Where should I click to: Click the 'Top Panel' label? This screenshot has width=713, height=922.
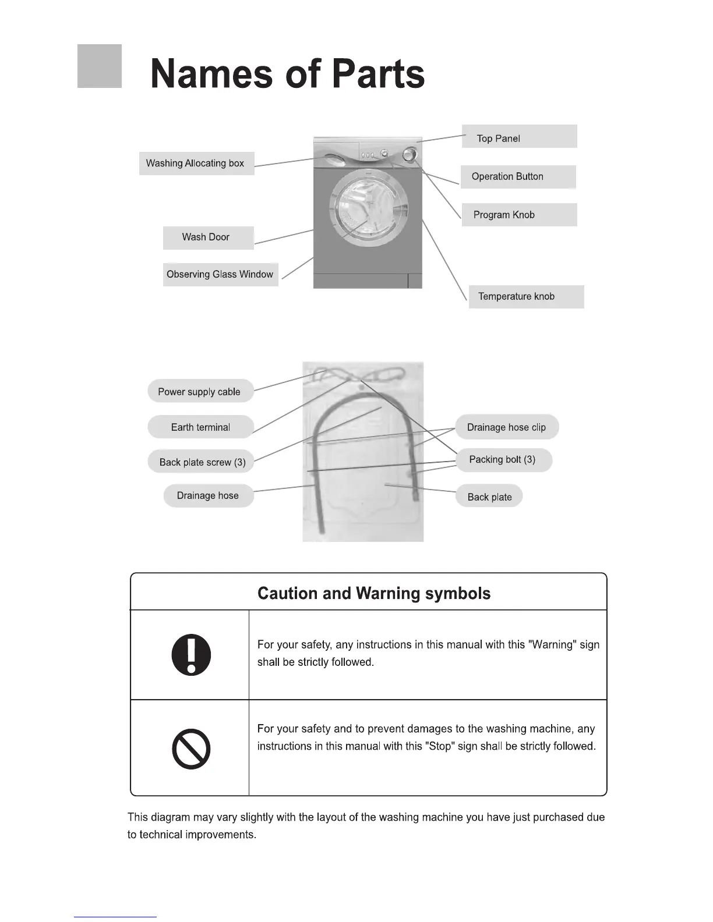tap(519, 137)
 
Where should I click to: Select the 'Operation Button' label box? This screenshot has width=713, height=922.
tap(518, 176)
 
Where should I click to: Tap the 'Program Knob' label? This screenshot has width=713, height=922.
tap(519, 215)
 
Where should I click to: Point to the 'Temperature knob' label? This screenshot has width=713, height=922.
tap(525, 296)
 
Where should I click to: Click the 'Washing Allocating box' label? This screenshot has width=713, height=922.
tap(196, 164)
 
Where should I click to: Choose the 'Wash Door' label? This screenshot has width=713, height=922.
tap(208, 237)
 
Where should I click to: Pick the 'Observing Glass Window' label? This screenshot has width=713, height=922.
tap(220, 274)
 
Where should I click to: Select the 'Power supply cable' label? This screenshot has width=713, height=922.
tap(200, 392)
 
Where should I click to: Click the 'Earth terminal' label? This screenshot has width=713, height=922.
tap(201, 427)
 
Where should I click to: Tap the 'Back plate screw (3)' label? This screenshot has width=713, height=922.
tap(202, 462)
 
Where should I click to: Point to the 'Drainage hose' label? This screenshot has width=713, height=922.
tap(208, 496)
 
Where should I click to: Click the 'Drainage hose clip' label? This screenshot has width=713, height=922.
tap(506, 427)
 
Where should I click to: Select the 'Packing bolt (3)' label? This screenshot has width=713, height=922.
tap(503, 460)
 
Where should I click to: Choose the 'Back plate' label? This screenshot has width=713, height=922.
tap(489, 497)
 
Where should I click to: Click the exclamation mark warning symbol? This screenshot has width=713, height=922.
tap(191, 655)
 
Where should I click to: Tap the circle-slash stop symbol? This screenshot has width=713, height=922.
tap(191, 749)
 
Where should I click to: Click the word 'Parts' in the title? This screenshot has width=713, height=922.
tap(378, 75)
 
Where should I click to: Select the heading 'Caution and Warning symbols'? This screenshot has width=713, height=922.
tap(374, 593)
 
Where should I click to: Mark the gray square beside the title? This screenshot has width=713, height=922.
tap(100, 66)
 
